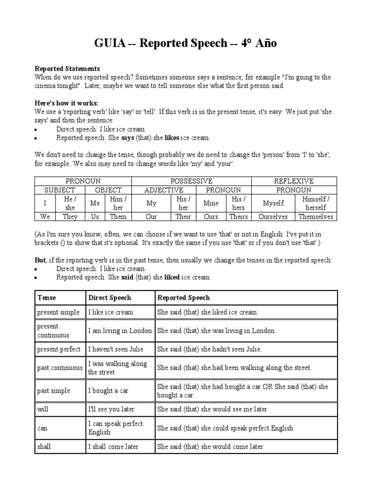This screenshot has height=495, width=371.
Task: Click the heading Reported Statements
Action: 67,69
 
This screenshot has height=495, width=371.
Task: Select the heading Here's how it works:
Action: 66,103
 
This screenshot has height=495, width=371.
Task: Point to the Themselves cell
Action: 315,217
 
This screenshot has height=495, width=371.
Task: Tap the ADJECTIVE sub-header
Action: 164,190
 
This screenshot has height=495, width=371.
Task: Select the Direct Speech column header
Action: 109,298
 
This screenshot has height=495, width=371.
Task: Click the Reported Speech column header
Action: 184,298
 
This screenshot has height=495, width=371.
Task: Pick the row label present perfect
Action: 58,349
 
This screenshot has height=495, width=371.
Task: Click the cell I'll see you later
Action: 111,409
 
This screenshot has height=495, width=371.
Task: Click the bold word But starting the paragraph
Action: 40,260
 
